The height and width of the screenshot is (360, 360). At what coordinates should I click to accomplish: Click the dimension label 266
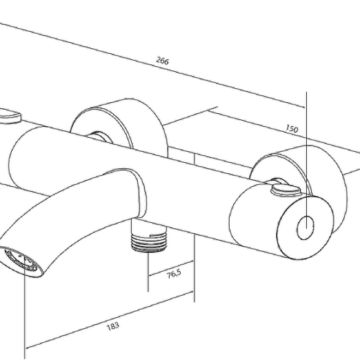click(163, 61)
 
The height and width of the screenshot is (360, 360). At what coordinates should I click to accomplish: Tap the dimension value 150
click(291, 129)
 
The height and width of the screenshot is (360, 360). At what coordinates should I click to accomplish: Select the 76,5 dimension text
click(174, 274)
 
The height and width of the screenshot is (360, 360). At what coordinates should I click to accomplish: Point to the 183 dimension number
click(113, 326)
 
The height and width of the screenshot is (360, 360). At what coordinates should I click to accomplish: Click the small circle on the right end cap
click(306, 228)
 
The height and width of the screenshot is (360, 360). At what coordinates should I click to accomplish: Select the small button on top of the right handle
click(285, 190)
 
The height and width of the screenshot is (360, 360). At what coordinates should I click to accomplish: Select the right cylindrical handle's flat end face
click(305, 228)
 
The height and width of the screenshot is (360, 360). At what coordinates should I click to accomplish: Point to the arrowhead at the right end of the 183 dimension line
click(191, 292)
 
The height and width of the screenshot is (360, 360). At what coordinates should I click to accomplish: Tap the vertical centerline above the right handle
click(306, 160)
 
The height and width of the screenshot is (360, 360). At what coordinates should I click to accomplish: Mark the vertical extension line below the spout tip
click(24, 307)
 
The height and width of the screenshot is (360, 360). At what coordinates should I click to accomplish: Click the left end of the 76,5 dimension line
click(149, 276)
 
